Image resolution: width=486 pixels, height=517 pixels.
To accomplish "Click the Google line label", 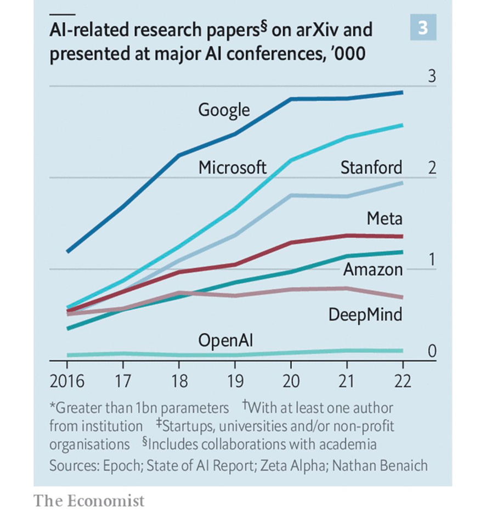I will click(x=224, y=110).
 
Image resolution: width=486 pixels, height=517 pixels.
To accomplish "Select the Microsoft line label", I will click(x=233, y=167).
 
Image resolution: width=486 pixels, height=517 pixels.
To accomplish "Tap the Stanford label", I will click(x=371, y=167).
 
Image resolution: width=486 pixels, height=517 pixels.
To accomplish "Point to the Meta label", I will click(x=385, y=219).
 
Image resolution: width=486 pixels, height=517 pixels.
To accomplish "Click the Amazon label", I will click(x=373, y=270).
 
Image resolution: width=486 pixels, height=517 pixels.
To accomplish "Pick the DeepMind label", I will click(x=365, y=314).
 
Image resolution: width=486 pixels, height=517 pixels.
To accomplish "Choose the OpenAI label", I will click(x=225, y=341).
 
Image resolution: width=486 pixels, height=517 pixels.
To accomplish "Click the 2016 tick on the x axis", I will click(x=67, y=380).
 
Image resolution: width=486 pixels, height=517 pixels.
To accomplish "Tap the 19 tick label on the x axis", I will click(x=234, y=380).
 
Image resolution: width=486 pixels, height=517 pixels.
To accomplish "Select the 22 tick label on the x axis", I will click(x=402, y=380).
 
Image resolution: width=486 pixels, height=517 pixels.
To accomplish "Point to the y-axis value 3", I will click(x=432, y=76).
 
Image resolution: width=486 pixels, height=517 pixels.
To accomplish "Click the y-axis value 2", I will click(x=432, y=168).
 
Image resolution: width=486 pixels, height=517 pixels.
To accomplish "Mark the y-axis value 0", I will click(x=432, y=351).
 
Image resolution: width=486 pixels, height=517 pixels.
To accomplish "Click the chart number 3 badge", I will click(x=423, y=27).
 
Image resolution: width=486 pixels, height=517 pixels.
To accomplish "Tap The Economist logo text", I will click(x=89, y=501).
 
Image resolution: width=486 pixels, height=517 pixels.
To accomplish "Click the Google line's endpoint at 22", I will click(x=402, y=92).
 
